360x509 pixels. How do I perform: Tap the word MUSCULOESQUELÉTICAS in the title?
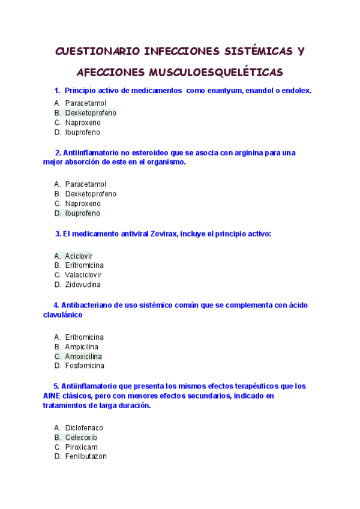214,73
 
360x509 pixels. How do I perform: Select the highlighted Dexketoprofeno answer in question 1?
91,113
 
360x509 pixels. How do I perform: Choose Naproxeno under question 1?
83,122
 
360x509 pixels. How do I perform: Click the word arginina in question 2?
248,152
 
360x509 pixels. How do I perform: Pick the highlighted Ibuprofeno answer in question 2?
83,213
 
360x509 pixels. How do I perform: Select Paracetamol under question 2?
85,184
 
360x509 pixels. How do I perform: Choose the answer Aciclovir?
79,256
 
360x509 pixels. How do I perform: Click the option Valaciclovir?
83,275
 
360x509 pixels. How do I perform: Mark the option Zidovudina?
83,285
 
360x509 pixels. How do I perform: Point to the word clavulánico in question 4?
63,315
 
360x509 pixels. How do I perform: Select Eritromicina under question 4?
84,337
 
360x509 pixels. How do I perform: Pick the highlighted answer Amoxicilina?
83,356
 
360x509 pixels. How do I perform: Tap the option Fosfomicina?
85,366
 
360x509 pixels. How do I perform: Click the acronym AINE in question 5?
52,396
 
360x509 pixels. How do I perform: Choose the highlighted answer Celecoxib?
81,438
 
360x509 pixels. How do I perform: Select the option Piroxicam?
82,447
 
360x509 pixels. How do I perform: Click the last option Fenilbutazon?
86,457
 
